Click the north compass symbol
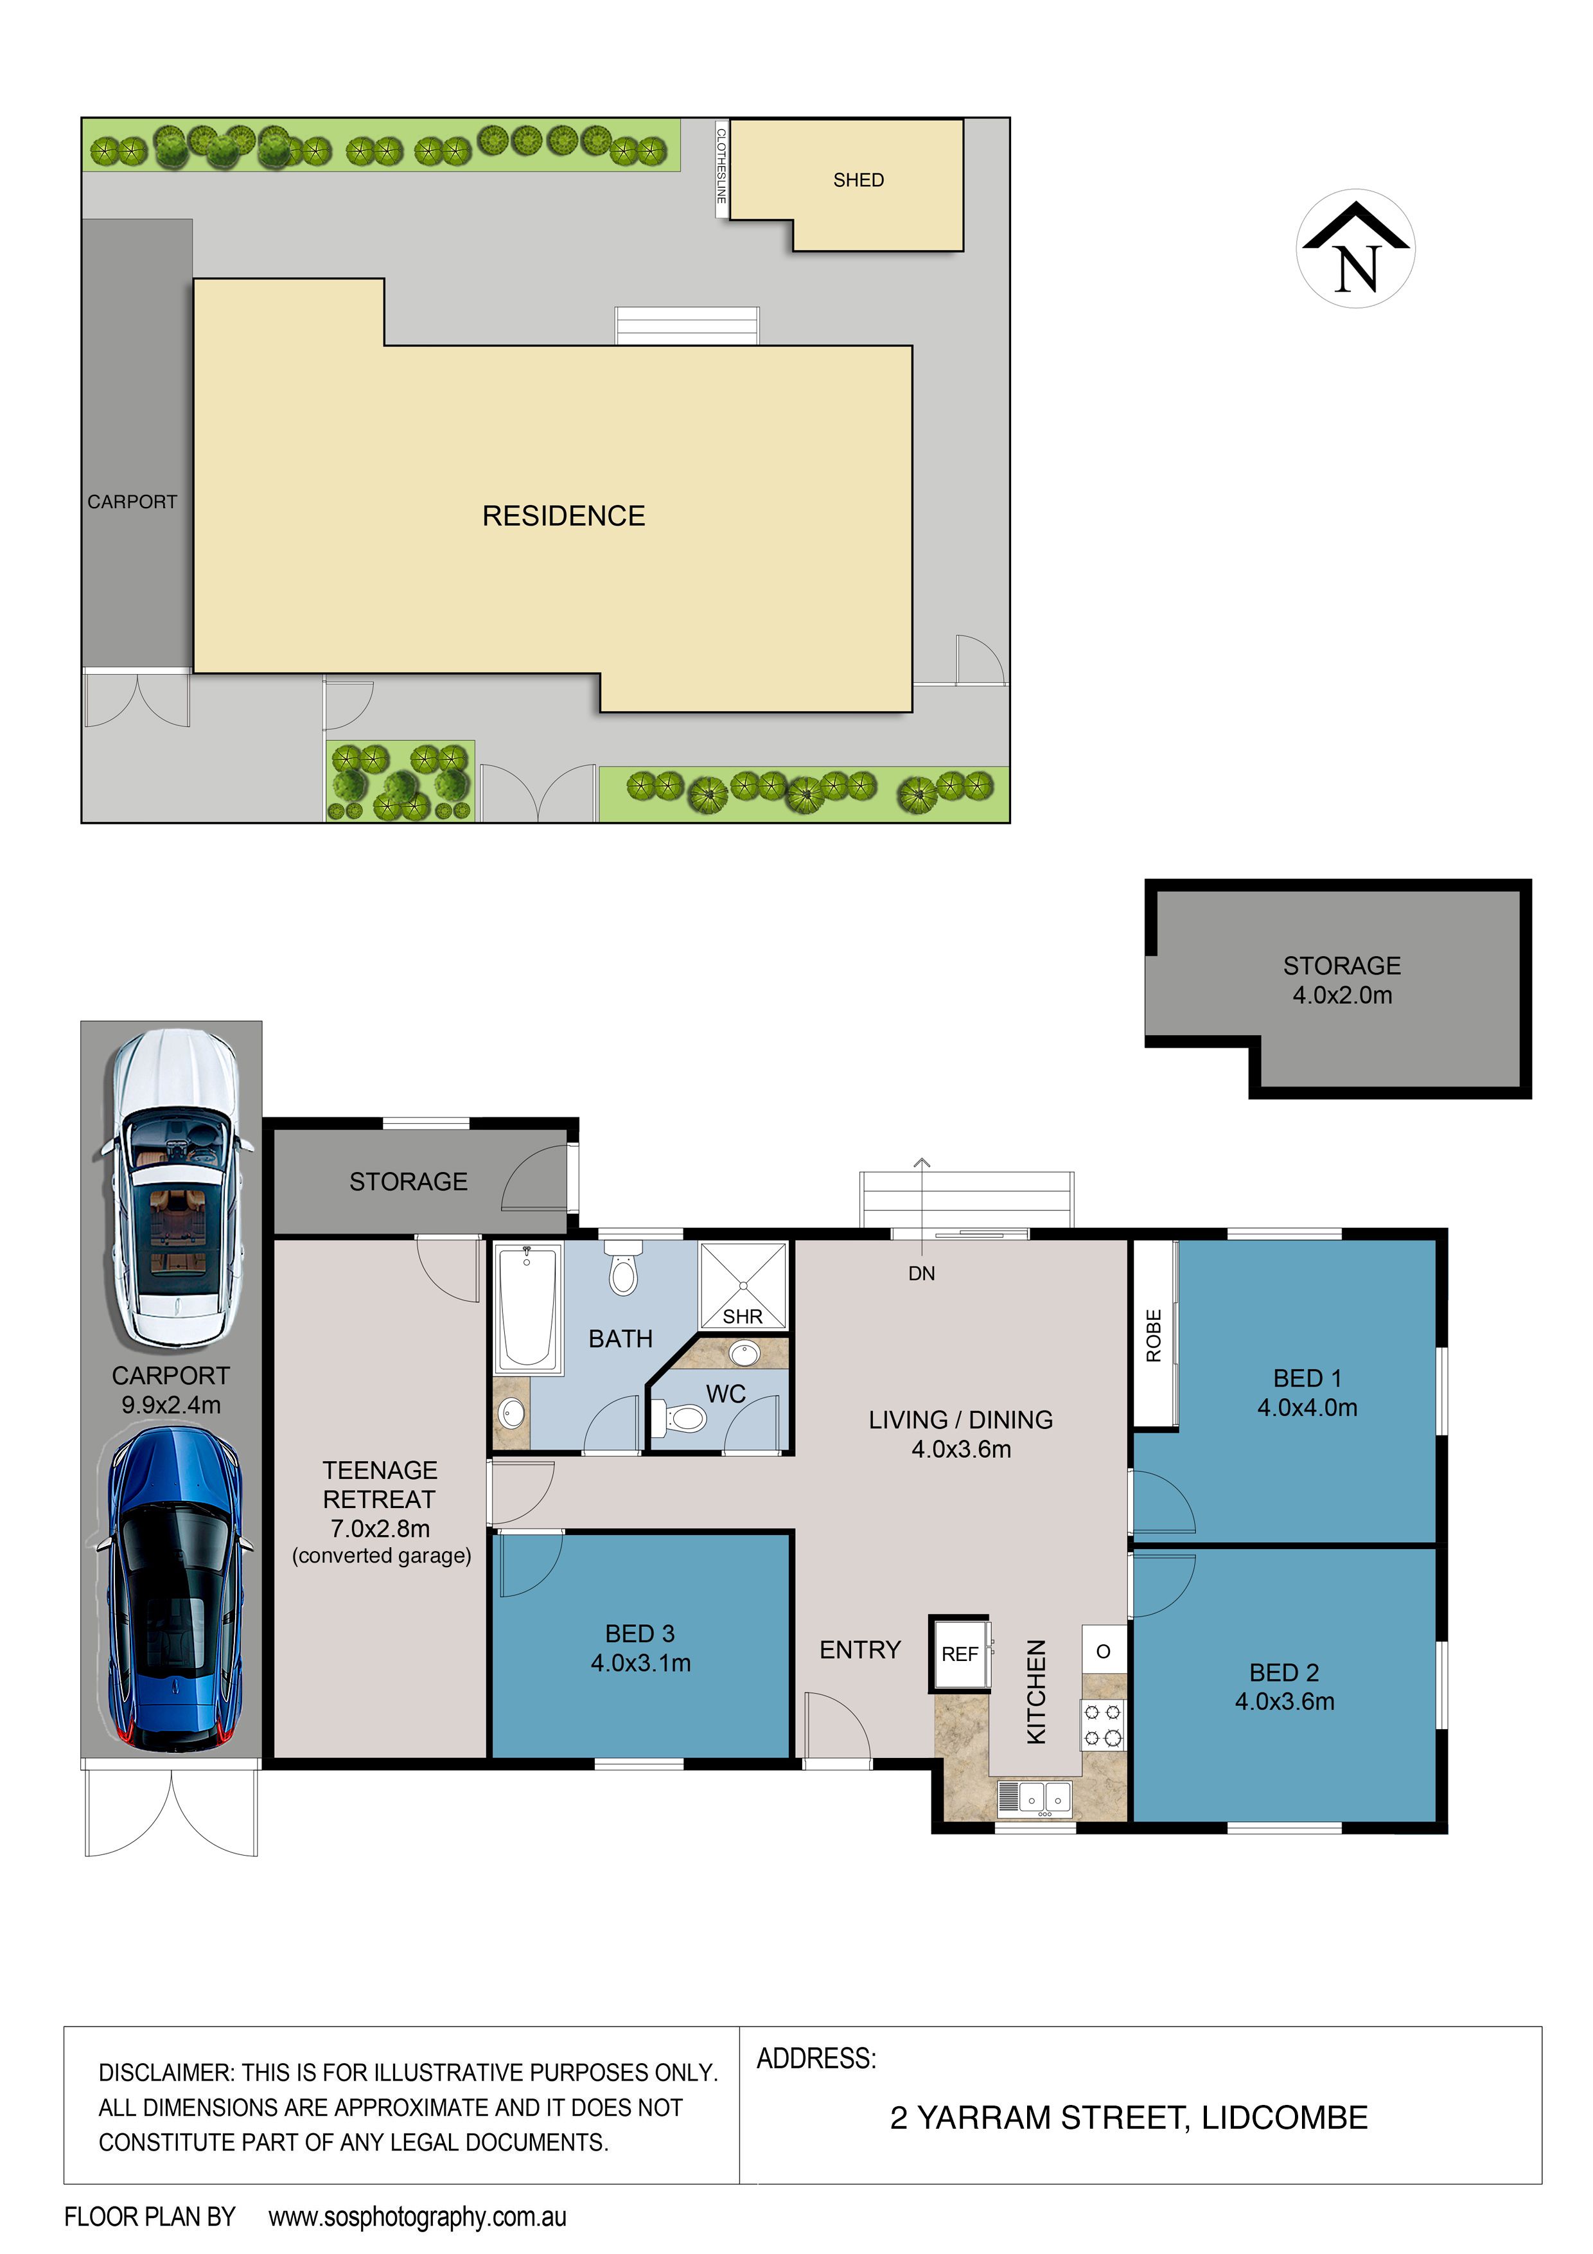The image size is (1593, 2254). pos(1355,249)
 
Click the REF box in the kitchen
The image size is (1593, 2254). pos(960,1654)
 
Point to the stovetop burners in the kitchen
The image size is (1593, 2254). pos(1104,1726)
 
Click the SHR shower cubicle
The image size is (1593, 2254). pos(743,1285)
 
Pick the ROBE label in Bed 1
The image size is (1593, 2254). pos(1154,1336)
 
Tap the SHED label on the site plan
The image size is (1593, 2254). pos(859,180)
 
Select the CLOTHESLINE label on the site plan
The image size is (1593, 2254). pos(721,165)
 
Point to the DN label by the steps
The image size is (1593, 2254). pos(922,1273)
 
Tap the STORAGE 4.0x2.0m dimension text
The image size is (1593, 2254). pos(1342,995)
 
